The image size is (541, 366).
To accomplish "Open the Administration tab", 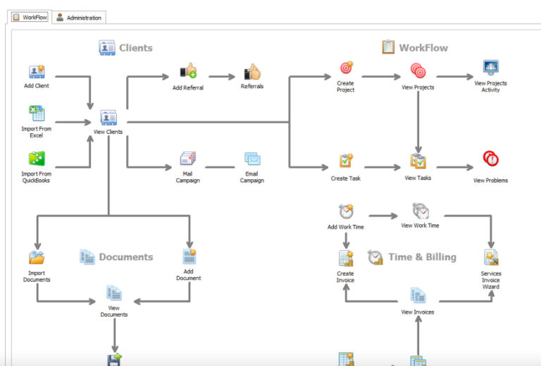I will coord(80,18).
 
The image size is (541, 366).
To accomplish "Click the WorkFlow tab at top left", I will coord(30,17).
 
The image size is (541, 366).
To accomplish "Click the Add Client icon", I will coord(37,72).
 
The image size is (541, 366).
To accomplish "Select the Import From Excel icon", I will coord(37,114).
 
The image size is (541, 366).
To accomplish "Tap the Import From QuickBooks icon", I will coord(37,159).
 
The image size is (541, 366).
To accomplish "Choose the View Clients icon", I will coord(108,117).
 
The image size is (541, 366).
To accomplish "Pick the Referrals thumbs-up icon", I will coord(252,72).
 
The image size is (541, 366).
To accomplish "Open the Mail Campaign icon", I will coord(187,159).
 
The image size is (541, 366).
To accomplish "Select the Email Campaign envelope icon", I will coord(252,159).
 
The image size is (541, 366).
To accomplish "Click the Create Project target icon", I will coord(346,68).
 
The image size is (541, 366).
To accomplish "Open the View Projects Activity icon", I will coord(491,68).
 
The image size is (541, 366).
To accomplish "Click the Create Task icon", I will coord(346,161).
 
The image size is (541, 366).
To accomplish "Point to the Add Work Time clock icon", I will coord(346,212).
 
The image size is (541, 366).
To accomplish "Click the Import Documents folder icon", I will coord(37,258).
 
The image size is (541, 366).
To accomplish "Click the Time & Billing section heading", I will coord(422,257).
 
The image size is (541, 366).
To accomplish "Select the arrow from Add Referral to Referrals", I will coord(221,76).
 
